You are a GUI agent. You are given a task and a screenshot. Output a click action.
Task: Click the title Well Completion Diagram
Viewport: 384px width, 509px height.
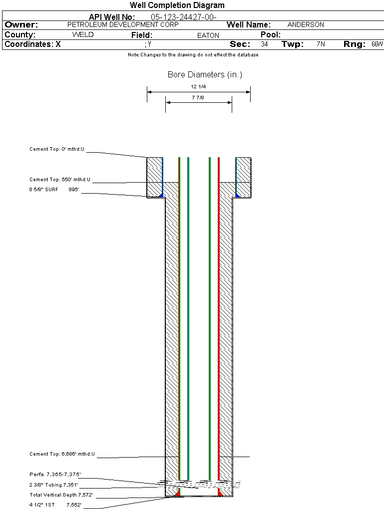coord(177,5)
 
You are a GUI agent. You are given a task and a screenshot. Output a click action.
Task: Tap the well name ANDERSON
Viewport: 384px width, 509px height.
coord(306,24)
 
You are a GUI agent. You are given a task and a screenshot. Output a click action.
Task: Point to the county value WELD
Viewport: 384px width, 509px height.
coord(83,35)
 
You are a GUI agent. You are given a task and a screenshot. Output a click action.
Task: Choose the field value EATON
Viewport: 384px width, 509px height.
coord(208,35)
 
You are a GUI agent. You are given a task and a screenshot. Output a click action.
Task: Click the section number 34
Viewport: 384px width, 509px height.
coord(264,44)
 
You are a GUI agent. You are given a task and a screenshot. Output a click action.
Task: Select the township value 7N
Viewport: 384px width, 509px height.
coord(321,44)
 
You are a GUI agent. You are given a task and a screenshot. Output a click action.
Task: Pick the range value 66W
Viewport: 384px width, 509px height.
coord(377,44)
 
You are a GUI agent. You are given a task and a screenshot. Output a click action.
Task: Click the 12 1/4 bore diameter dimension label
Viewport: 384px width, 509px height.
coord(198,86)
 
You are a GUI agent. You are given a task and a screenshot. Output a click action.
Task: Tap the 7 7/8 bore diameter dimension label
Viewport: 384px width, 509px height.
coord(198,97)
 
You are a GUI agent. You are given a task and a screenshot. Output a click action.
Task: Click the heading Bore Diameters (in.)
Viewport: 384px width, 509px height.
coord(205,75)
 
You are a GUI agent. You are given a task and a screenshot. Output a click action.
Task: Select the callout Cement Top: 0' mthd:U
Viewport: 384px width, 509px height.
coord(57,149)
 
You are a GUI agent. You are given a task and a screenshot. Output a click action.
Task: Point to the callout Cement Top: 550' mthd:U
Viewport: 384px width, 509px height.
coord(60,180)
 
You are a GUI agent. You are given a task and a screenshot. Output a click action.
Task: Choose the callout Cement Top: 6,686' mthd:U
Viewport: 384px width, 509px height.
coord(62,454)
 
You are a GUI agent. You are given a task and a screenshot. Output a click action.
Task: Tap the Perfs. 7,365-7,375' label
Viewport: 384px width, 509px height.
coord(55,474)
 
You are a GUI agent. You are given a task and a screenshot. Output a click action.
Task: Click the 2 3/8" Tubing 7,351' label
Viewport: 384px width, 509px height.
coord(53,485)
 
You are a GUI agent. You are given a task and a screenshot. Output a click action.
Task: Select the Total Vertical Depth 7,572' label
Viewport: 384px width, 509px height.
coord(61,495)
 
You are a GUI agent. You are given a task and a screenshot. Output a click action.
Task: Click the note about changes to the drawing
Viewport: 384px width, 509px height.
coord(193,55)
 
